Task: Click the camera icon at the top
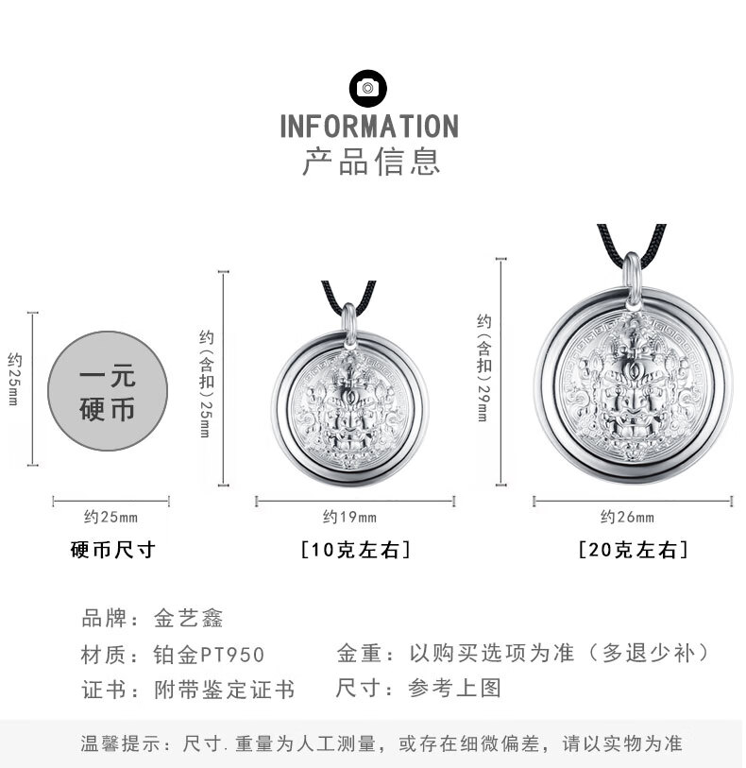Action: [x=368, y=88]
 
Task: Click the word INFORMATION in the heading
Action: [x=369, y=127]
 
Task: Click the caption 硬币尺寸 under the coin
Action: [x=112, y=549]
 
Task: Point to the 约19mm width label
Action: [x=349, y=517]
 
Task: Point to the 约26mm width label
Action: [x=627, y=517]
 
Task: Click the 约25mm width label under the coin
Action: [x=110, y=517]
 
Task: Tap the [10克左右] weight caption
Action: [x=355, y=550]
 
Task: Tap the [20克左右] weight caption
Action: [x=633, y=550]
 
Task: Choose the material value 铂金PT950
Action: [x=209, y=654]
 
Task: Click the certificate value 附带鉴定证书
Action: [x=225, y=690]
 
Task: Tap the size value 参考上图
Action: [x=454, y=688]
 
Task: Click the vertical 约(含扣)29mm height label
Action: [x=483, y=367]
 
